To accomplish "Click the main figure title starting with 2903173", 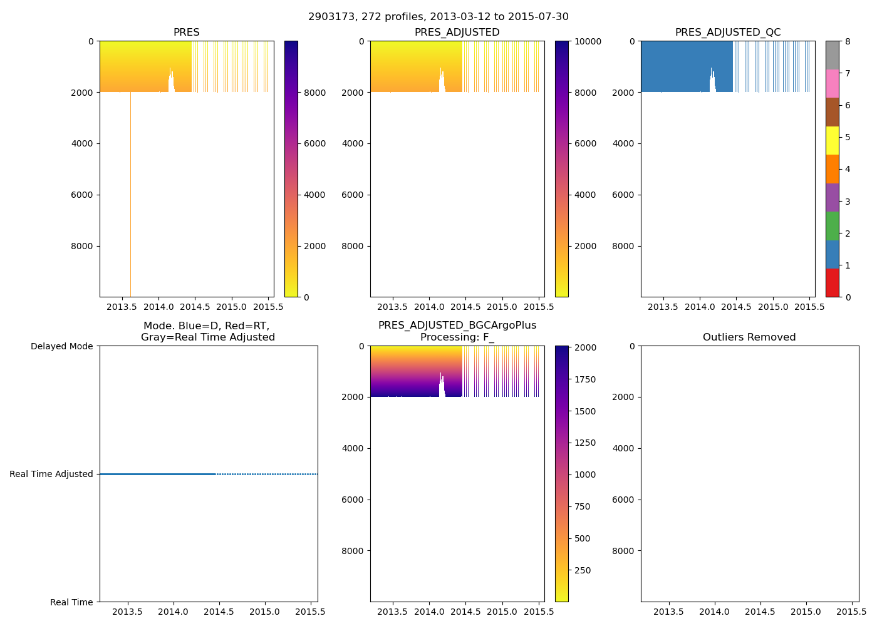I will pyautogui.click(x=438, y=17).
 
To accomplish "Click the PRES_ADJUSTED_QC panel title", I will pyautogui.click(x=727, y=33).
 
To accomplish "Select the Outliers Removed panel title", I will pyautogui.click(x=749, y=337).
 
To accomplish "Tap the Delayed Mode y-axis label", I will pyautogui.click(x=61, y=346).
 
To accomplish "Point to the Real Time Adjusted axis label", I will pyautogui.click(x=51, y=475).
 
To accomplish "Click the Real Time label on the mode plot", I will pyautogui.click(x=71, y=602).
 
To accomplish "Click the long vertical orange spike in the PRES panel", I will pyautogui.click(x=130, y=194).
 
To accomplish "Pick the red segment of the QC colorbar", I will pyautogui.click(x=832, y=282).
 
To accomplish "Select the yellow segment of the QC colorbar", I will pyautogui.click(x=832, y=140).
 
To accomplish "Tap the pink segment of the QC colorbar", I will pyautogui.click(x=832, y=83).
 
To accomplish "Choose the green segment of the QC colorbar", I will pyautogui.click(x=832, y=225).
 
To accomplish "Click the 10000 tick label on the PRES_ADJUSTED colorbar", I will pyautogui.click(x=588, y=41).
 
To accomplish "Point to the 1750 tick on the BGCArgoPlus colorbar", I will pyautogui.click(x=586, y=380).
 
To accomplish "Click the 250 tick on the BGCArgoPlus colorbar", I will pyautogui.click(x=582, y=571).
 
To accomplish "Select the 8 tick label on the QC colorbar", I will pyautogui.click(x=848, y=41).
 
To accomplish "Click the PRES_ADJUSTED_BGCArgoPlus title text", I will pyautogui.click(x=457, y=326).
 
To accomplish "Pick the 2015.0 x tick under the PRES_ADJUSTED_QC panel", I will pyautogui.click(x=772, y=307).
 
